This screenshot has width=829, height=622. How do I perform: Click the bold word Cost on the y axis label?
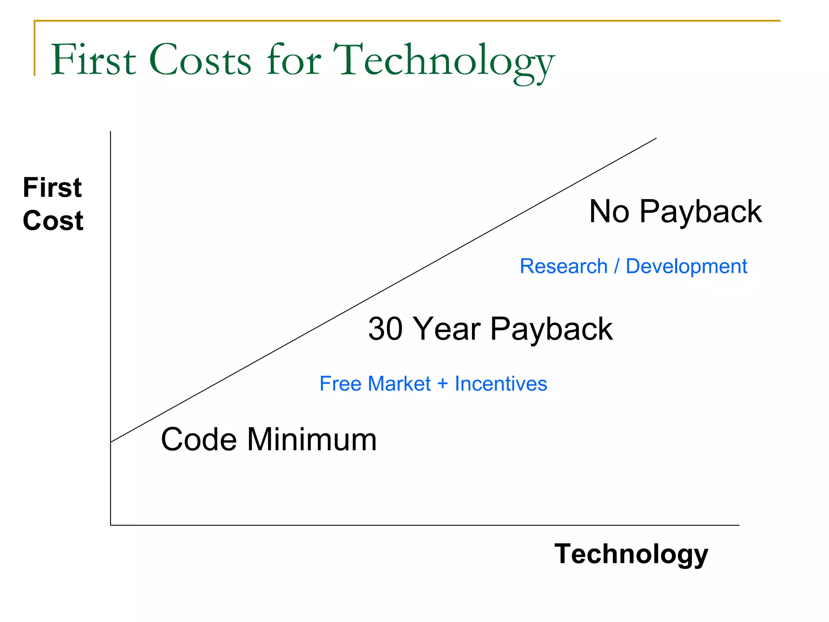(x=53, y=221)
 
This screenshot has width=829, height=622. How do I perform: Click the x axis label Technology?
(x=631, y=554)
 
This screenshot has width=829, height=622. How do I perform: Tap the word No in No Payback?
(x=609, y=211)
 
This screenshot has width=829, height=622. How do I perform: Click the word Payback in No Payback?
(x=700, y=212)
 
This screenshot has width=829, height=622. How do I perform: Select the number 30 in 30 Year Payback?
(x=385, y=328)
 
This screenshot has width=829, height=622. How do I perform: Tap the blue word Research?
(x=563, y=266)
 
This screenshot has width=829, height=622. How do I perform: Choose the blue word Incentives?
(x=501, y=383)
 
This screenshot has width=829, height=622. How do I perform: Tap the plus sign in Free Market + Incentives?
(x=442, y=383)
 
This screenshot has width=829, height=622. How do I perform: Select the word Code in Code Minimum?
(x=199, y=439)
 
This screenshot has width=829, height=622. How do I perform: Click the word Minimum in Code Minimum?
(x=312, y=439)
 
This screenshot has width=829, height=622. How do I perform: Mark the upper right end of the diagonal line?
(x=655, y=138)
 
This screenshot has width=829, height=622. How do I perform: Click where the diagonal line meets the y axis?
(x=111, y=442)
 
